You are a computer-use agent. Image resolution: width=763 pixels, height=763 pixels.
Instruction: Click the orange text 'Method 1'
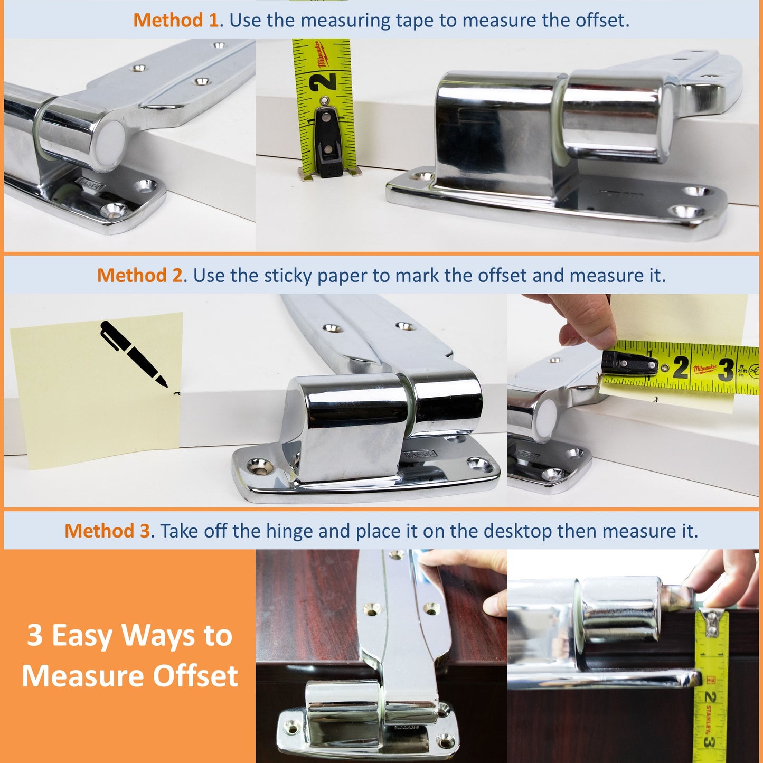(175, 20)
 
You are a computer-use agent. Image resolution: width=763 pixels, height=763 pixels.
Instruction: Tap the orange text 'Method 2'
(139, 275)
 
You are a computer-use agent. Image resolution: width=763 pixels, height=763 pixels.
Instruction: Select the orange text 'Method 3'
(107, 531)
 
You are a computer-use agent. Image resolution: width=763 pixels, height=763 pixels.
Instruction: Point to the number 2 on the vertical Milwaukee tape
(323, 82)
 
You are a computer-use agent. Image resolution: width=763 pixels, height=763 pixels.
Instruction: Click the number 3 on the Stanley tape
(709, 742)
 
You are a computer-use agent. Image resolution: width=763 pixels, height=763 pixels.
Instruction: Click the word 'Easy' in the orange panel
(81, 635)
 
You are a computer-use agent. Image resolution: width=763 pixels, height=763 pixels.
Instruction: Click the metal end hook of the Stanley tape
(712, 621)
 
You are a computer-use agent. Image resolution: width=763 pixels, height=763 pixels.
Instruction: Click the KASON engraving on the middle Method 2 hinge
(420, 454)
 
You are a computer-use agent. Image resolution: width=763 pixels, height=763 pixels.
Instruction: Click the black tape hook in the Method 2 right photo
(628, 363)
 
